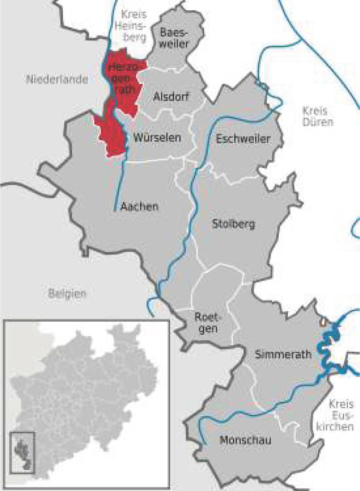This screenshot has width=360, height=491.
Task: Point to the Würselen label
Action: click(157, 138)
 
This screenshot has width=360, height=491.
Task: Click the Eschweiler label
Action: click(243, 139)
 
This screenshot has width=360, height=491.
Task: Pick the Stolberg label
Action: click(233, 225)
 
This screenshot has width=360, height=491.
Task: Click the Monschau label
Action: click(245, 439)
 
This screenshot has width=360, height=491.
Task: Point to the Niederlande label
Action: click(57, 80)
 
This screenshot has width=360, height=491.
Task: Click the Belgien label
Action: click(67, 293)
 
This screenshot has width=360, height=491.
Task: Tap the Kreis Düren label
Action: click(314, 117)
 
